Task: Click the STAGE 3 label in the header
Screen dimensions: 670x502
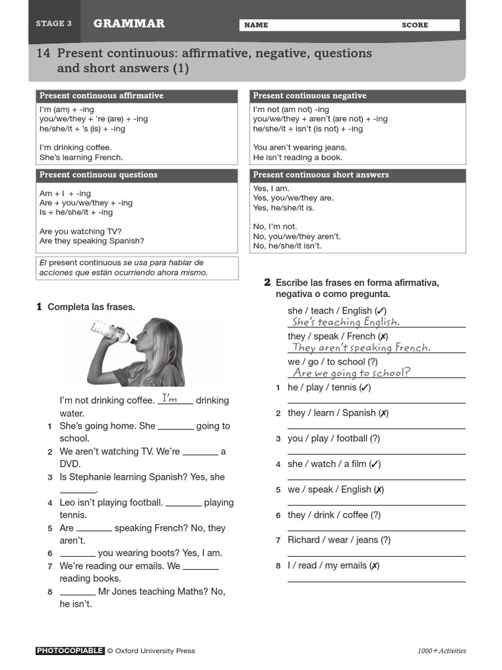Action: click(54, 24)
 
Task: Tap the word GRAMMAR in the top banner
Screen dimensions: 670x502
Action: click(129, 24)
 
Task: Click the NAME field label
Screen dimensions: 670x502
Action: click(256, 25)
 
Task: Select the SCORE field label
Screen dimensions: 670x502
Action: click(415, 25)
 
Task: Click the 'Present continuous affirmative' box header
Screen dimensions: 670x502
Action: click(101, 96)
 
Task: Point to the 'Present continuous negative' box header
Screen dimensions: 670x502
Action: click(310, 96)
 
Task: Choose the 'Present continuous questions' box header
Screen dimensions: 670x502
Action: click(98, 175)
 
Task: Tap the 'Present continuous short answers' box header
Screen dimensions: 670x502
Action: click(321, 175)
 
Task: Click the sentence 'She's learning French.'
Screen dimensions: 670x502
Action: click(81, 157)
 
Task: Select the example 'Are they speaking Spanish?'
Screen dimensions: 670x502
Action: click(92, 241)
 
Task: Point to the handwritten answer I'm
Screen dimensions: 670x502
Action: click(170, 398)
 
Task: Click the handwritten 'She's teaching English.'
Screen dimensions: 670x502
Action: click(346, 322)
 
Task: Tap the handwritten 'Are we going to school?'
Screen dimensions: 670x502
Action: click(352, 373)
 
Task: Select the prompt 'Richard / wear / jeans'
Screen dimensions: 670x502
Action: click(339, 540)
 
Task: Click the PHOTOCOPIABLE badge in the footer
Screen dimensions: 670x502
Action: click(70, 650)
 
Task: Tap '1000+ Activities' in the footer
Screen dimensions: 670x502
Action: click(442, 650)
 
